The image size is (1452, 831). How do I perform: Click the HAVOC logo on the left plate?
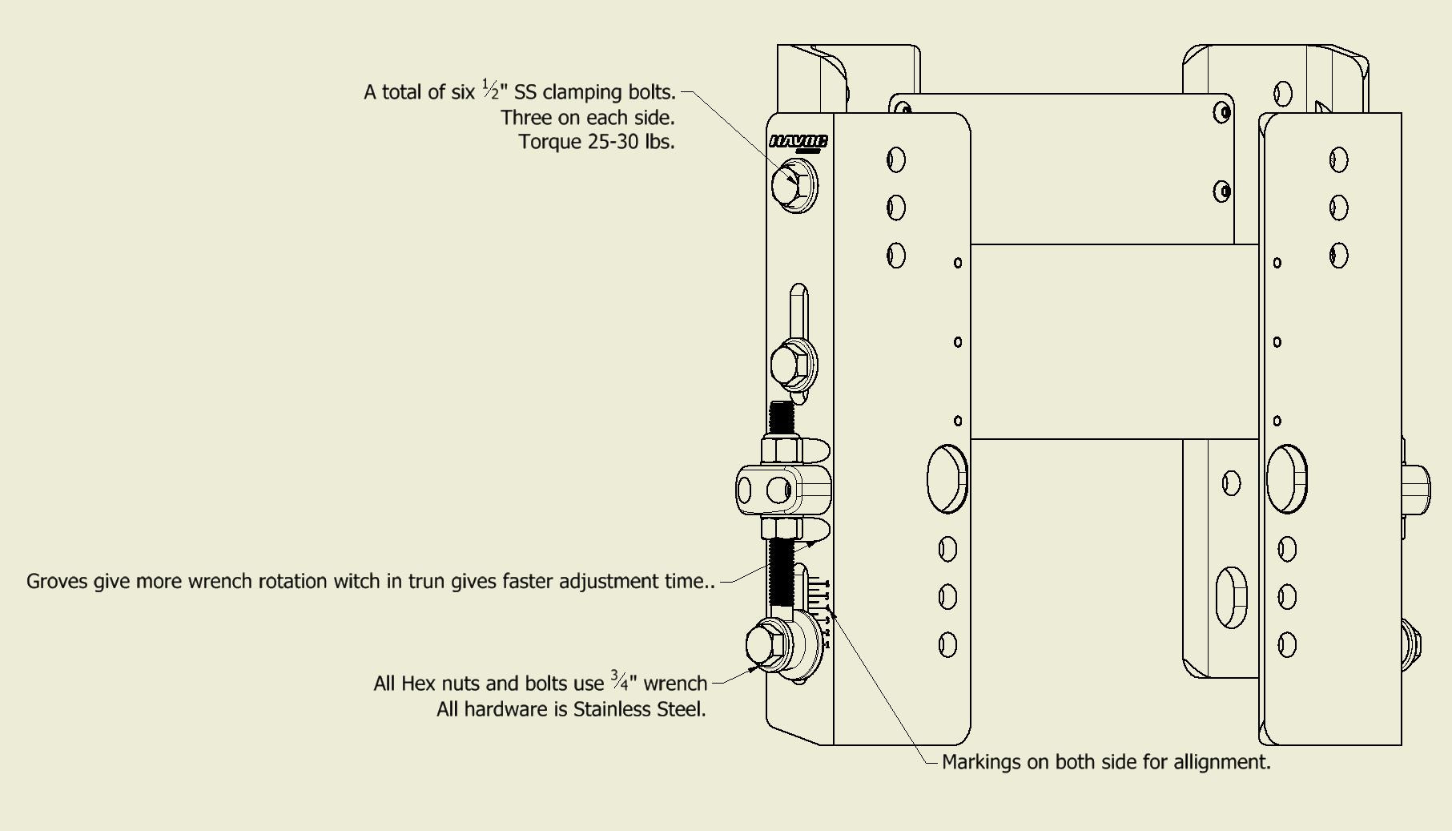tap(798, 142)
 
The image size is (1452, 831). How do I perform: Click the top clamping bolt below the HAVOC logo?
tap(794, 185)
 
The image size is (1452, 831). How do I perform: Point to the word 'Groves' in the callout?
tap(57, 581)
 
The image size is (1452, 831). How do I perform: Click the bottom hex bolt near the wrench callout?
tap(768, 644)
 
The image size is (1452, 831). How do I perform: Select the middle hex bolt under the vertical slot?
tap(792, 365)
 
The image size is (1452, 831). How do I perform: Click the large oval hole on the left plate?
tap(947, 478)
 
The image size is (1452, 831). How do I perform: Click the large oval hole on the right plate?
tap(1286, 478)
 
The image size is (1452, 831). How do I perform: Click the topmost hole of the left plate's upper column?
tap(896, 159)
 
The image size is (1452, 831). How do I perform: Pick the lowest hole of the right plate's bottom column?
tap(1287, 644)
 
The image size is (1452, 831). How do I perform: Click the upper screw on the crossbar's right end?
tap(1222, 112)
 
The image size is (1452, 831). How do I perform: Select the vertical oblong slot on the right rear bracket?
tap(1231, 597)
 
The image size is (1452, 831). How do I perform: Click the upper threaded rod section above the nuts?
tap(781, 418)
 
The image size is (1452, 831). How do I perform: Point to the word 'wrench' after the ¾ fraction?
tap(675, 684)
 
